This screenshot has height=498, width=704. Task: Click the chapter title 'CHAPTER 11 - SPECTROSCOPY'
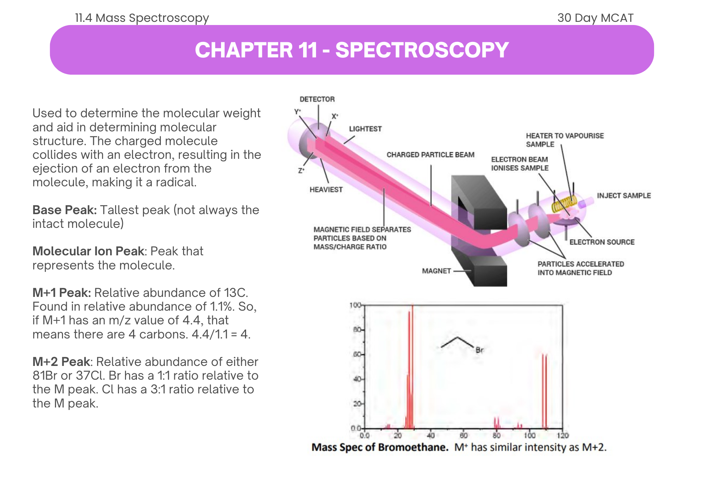point(352,50)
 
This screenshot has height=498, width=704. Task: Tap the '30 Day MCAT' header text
point(595,18)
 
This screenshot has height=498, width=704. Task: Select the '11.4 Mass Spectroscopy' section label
point(142,18)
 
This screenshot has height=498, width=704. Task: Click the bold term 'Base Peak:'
point(64,210)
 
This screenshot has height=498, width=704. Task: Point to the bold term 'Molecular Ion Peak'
point(88,251)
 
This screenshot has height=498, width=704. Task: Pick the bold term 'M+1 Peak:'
point(62,293)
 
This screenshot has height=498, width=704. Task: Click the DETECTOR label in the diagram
point(317,99)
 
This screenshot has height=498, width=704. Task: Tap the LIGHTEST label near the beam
point(365,129)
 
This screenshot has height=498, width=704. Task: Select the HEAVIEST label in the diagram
point(326,189)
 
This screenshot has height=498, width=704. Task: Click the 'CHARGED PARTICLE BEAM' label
point(430,155)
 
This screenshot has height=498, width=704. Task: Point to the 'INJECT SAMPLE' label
point(623,195)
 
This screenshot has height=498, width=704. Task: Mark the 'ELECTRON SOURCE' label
point(602,242)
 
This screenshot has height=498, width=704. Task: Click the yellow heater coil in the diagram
point(564,204)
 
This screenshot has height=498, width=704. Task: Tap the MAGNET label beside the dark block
point(436,271)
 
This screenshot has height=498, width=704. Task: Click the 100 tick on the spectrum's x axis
point(529,436)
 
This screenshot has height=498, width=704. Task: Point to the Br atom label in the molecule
point(479,350)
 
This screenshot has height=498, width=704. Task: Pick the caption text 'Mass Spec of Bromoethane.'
point(380,447)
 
